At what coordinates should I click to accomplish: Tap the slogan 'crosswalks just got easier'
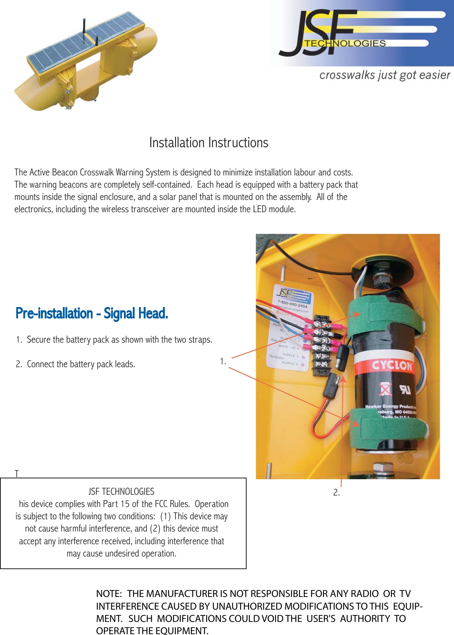384,75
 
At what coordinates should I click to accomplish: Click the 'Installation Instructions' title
209,143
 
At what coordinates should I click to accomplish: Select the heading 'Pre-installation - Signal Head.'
92,313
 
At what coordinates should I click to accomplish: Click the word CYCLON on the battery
391,365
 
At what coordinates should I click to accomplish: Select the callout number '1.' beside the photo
223,361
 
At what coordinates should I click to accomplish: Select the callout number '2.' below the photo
336,493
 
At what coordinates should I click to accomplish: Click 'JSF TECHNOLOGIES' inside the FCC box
121,491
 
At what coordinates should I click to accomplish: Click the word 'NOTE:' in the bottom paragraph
109,594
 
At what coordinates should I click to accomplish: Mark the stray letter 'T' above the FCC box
17,473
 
